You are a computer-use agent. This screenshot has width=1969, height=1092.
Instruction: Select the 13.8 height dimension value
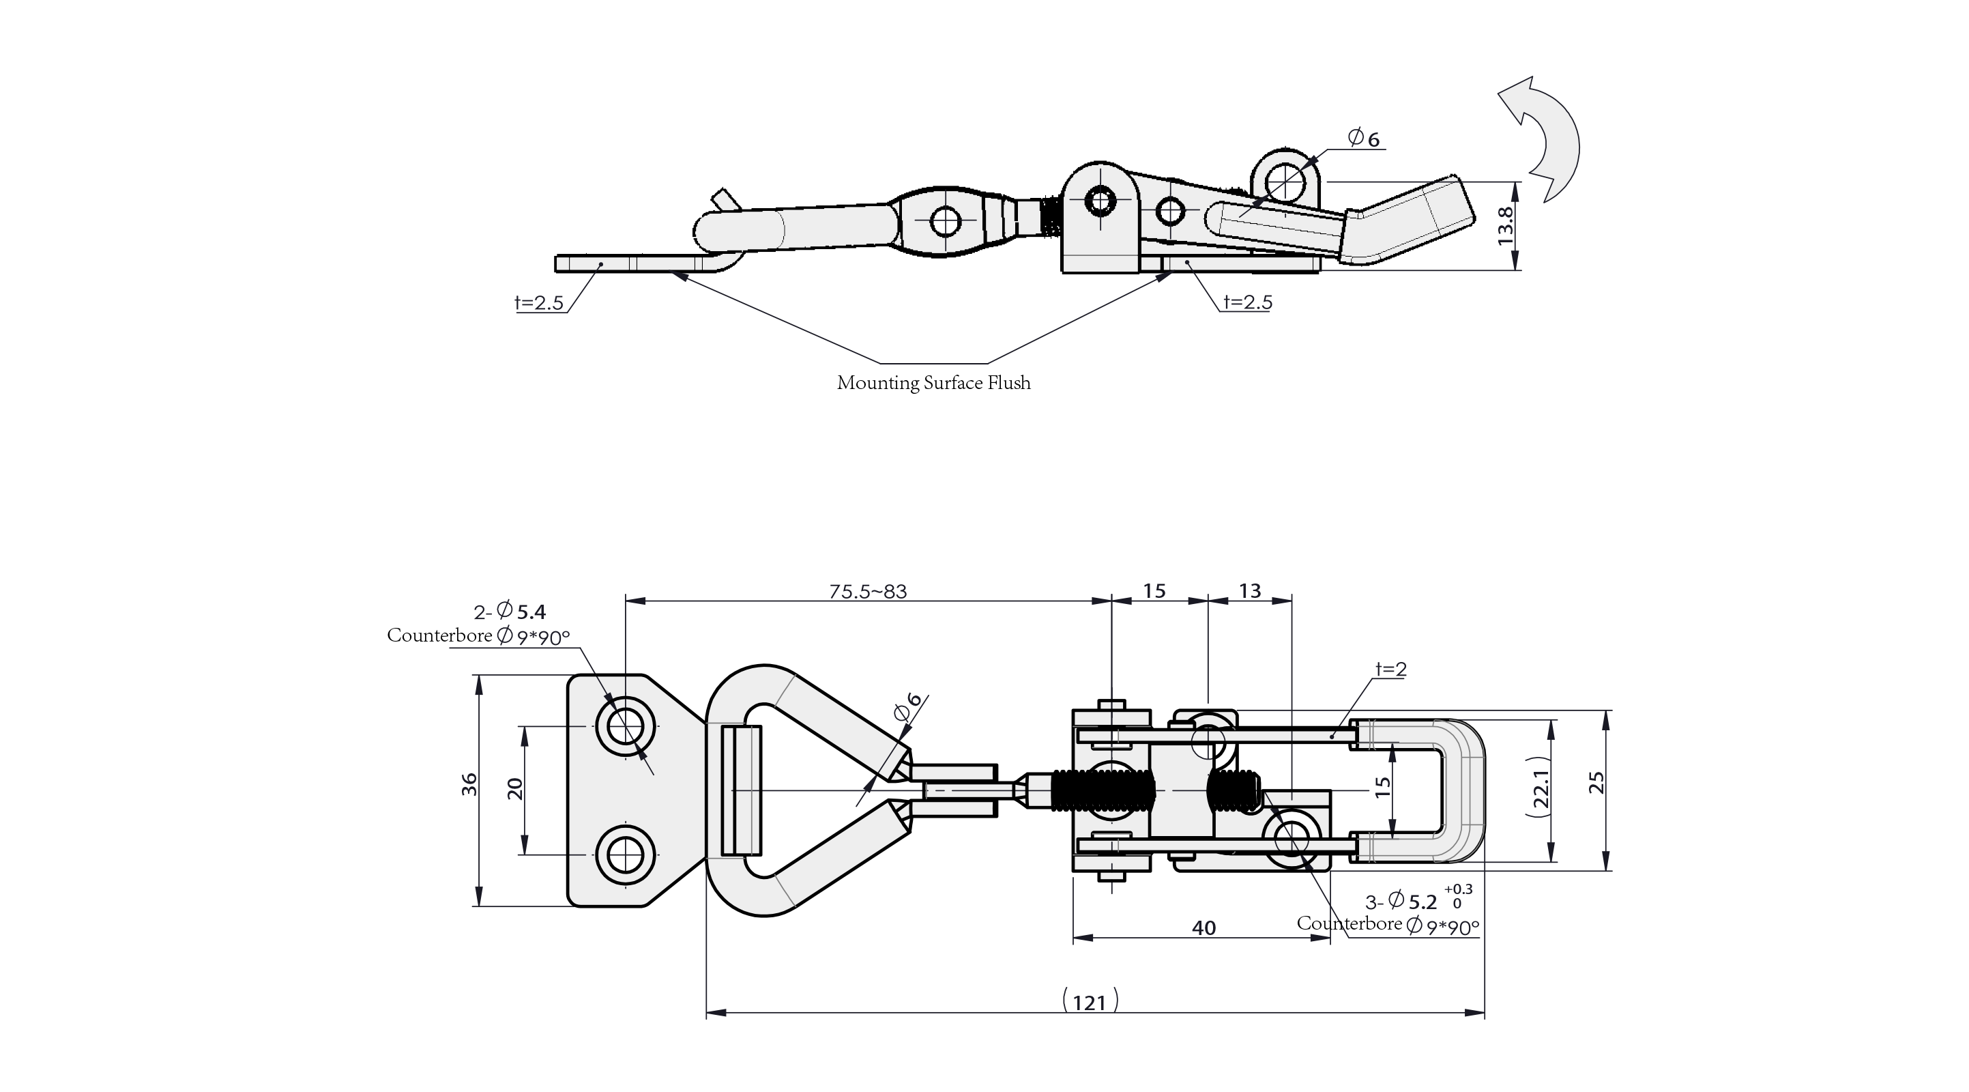tap(1505, 226)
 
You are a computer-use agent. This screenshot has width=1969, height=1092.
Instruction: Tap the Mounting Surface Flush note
tap(933, 383)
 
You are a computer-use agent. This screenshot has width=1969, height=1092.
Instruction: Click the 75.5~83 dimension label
tap(868, 591)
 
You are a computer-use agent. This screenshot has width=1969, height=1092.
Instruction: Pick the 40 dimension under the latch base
tap(1204, 928)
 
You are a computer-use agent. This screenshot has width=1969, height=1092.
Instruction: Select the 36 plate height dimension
tap(469, 786)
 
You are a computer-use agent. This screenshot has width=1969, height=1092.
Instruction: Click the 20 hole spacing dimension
tap(515, 788)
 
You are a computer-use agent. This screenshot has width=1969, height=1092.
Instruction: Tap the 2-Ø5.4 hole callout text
tap(510, 611)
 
